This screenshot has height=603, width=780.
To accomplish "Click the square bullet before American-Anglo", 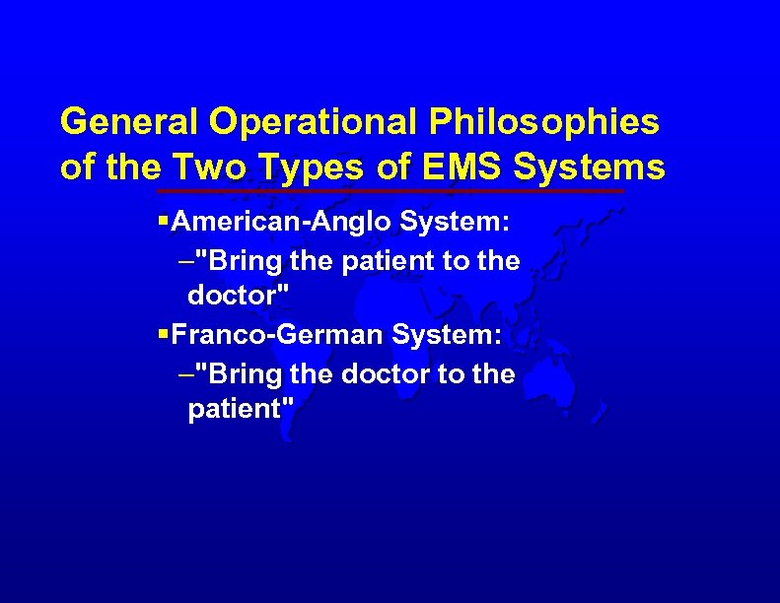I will pyautogui.click(x=163, y=223).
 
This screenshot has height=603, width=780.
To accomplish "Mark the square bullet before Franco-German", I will pyautogui.click(x=163, y=336).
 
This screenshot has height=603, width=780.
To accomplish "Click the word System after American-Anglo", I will pyautogui.click(x=455, y=223).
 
